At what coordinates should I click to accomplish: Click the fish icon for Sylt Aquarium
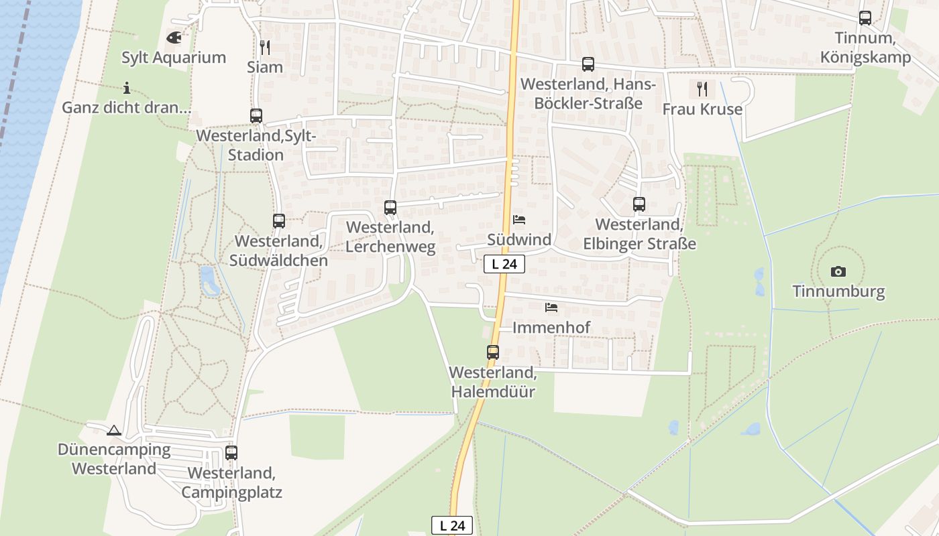[174, 38]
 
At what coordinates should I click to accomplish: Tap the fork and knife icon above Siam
[265, 47]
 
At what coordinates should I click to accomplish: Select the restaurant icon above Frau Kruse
[702, 89]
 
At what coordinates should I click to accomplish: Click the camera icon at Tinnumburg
[838, 271]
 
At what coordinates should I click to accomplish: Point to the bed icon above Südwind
[519, 219]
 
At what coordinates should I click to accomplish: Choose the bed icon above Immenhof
[551, 308]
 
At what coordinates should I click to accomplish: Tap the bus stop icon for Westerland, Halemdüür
[493, 352]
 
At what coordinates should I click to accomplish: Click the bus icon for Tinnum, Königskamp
[865, 18]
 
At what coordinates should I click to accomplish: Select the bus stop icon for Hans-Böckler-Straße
[588, 64]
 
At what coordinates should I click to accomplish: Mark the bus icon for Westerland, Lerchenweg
[390, 208]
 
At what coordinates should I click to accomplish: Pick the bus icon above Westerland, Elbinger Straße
[639, 204]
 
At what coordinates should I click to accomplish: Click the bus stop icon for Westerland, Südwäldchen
[279, 220]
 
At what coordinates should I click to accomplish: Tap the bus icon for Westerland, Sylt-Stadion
[256, 116]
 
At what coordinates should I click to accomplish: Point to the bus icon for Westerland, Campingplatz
[231, 453]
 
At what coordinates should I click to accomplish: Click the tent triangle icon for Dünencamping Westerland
[114, 430]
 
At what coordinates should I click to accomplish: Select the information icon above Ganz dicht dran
[127, 88]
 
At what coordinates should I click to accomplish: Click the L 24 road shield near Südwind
[504, 264]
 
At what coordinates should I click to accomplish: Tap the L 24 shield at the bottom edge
[452, 526]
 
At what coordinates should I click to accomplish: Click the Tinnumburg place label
[838, 291]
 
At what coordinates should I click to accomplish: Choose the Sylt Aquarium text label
[174, 58]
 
